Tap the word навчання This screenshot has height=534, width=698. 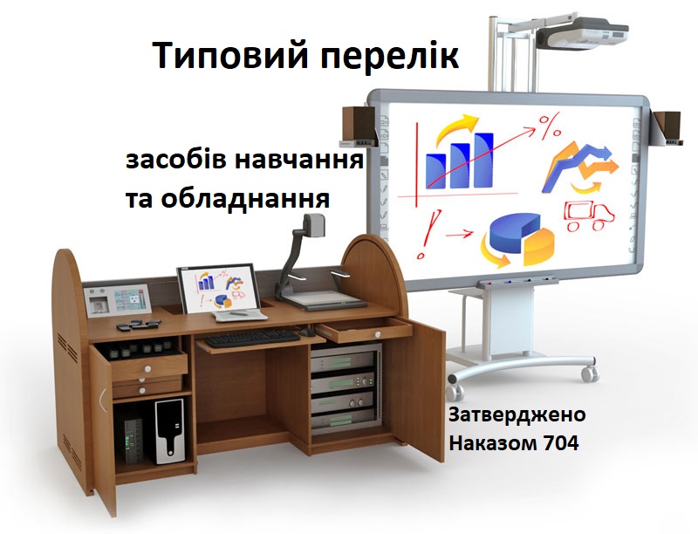click(298, 161)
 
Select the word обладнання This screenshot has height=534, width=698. click(245, 198)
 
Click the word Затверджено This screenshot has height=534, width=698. click(517, 414)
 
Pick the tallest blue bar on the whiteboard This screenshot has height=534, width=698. click(484, 160)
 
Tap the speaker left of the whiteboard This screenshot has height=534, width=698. click(359, 126)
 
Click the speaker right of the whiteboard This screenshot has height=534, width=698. click(667, 127)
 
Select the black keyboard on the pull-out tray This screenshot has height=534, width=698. click(252, 339)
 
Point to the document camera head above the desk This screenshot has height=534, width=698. click(314, 225)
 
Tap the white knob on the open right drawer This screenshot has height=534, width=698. click(378, 335)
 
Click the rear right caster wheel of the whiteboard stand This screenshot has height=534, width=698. click(590, 373)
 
